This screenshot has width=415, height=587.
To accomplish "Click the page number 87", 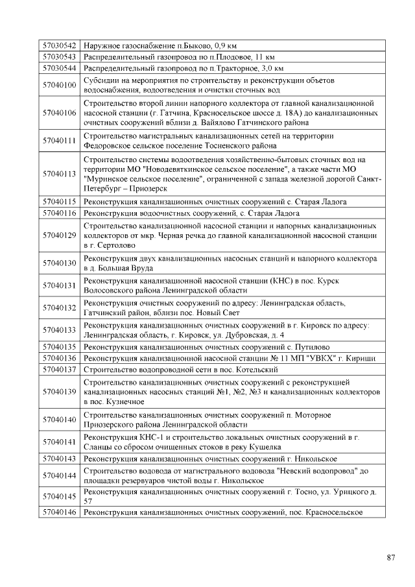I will point(390,557).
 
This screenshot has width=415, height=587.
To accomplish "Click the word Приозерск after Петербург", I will point(147,189).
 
